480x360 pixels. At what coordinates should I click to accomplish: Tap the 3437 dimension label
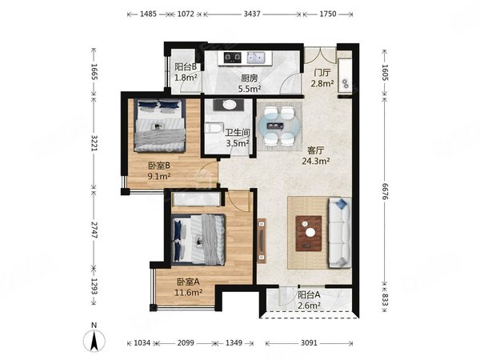(x=252, y=14)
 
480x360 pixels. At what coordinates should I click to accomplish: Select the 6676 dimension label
(x=385, y=192)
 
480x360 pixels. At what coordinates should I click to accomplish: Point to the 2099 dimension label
(x=186, y=343)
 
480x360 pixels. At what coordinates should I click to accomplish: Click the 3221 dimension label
(x=94, y=143)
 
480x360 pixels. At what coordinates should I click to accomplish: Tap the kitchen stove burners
(x=232, y=57)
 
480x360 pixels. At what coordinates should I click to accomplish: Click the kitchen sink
(x=256, y=58)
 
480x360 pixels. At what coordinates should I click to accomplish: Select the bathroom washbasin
(x=229, y=105)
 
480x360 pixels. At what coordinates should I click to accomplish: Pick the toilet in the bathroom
(x=211, y=128)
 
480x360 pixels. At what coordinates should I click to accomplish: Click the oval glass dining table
(x=279, y=126)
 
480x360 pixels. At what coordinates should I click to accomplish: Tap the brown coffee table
(x=309, y=234)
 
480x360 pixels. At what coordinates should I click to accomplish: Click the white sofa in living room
(x=339, y=233)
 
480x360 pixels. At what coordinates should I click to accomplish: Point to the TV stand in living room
(x=262, y=241)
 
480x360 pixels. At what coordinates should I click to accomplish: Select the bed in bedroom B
(x=159, y=125)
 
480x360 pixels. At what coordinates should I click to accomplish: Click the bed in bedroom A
(x=198, y=239)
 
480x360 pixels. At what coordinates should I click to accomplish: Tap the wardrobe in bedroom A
(x=196, y=199)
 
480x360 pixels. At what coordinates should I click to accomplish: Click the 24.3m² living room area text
(x=316, y=161)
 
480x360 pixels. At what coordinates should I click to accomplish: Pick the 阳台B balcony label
(x=186, y=66)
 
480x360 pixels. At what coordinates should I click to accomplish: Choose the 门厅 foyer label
(x=322, y=73)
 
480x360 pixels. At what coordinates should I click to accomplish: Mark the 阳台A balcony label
(x=309, y=294)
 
